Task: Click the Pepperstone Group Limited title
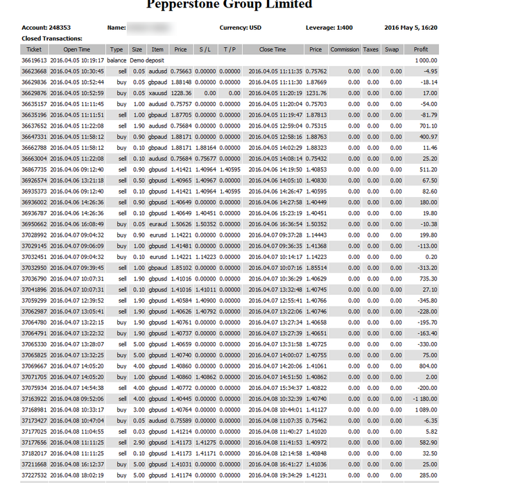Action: (x=229, y=6)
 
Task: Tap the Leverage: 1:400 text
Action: (x=330, y=28)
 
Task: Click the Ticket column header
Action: (x=34, y=50)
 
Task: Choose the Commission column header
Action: (x=345, y=50)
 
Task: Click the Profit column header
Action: (x=421, y=50)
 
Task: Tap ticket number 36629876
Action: (x=34, y=93)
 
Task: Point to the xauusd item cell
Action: (x=157, y=93)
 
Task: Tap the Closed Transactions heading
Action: (x=52, y=39)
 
